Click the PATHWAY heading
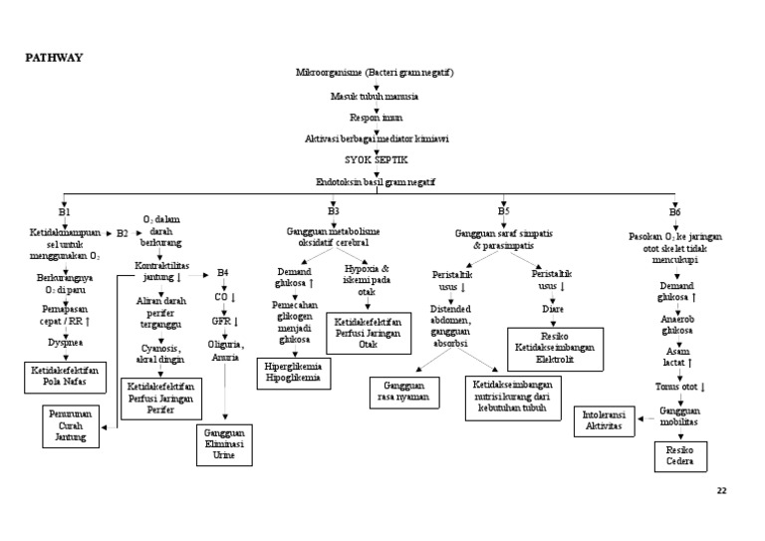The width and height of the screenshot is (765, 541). click(x=54, y=57)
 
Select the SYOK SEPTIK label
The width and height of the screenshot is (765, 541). click(x=376, y=159)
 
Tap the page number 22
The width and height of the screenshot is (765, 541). click(x=722, y=491)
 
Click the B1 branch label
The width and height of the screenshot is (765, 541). click(x=64, y=212)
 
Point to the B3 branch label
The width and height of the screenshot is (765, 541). click(x=334, y=211)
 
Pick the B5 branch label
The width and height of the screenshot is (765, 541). click(x=503, y=211)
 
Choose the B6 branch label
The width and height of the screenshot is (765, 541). click(x=675, y=212)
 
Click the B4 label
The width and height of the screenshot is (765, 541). click(x=223, y=272)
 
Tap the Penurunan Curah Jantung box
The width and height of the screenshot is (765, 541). click(x=71, y=426)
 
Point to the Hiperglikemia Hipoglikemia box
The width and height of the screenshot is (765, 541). click(x=295, y=373)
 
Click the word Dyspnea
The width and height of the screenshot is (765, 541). click(x=65, y=342)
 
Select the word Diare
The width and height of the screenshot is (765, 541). click(x=553, y=309)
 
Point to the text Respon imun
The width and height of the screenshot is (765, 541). click(x=376, y=118)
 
